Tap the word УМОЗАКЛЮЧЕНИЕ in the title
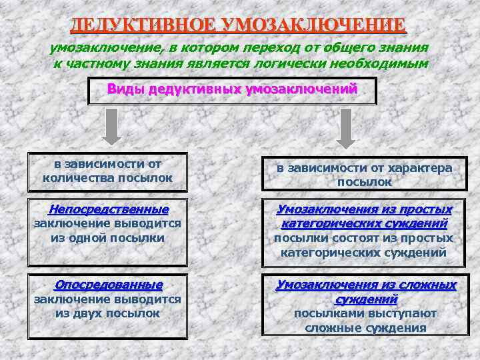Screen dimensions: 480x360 pos(313,25)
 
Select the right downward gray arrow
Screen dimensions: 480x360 pos(345,127)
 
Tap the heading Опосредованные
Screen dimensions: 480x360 pos(108,285)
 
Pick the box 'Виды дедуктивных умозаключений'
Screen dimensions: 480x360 pos(233,91)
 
